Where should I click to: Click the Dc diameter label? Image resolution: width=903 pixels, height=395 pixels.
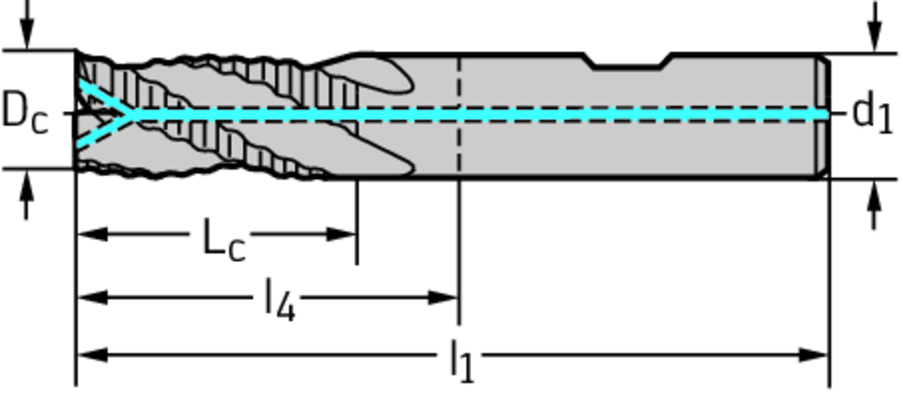point(25,114)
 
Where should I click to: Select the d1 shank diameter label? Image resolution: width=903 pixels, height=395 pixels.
point(871,113)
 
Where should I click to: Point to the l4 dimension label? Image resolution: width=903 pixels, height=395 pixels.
point(280,300)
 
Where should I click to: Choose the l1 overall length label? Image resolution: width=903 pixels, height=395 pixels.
point(462,360)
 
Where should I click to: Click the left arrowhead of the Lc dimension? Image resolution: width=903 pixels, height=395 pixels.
point(92,235)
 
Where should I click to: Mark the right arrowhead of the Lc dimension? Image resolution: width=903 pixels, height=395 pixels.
point(341,235)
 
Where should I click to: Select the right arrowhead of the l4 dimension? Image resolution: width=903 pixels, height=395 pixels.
point(443,298)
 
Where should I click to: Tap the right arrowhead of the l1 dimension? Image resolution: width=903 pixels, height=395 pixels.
point(813,355)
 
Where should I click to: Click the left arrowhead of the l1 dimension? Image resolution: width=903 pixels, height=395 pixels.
point(92,355)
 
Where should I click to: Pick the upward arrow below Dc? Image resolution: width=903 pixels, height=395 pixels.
point(26,196)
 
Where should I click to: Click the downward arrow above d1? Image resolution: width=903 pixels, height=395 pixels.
point(876,26)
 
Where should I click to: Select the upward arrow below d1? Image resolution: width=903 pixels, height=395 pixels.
point(875,205)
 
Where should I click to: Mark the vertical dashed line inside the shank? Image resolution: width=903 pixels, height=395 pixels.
point(459,114)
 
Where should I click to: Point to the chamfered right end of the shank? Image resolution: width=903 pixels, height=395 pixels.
point(824,116)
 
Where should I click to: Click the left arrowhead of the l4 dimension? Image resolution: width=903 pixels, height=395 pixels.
point(92,298)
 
